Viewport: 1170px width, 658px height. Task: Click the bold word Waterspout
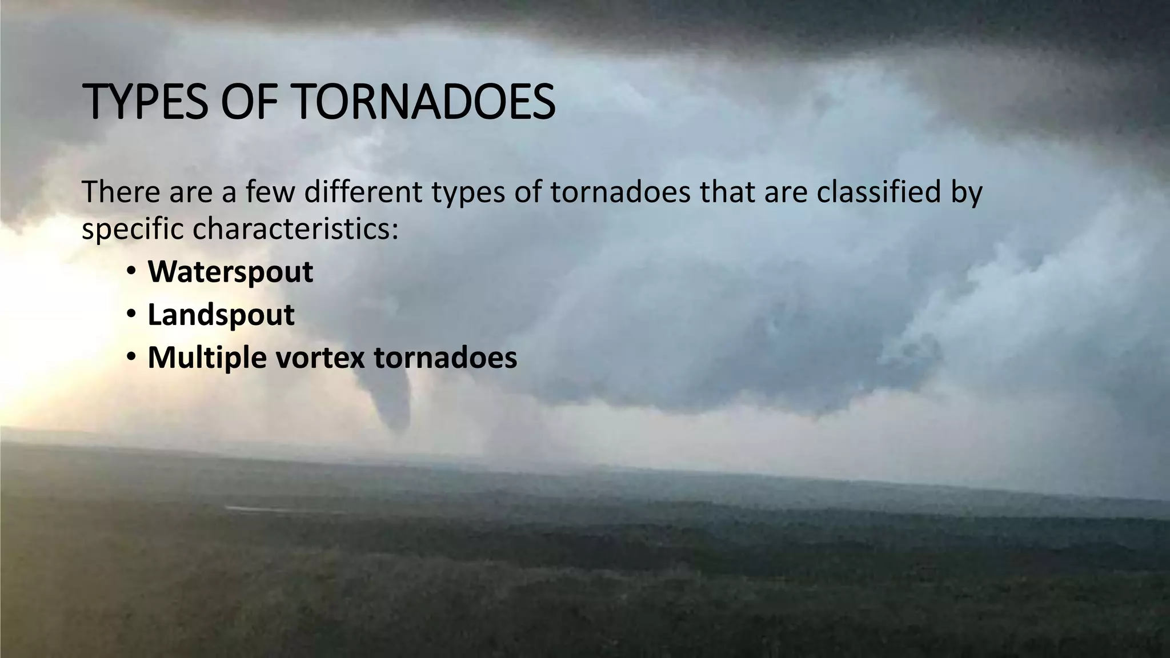pos(230,272)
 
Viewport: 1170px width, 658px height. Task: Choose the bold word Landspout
pos(221,315)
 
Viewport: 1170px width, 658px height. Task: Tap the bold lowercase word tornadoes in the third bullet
pos(446,358)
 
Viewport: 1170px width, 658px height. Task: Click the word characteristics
pos(295,230)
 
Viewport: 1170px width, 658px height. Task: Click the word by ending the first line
pos(966,193)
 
